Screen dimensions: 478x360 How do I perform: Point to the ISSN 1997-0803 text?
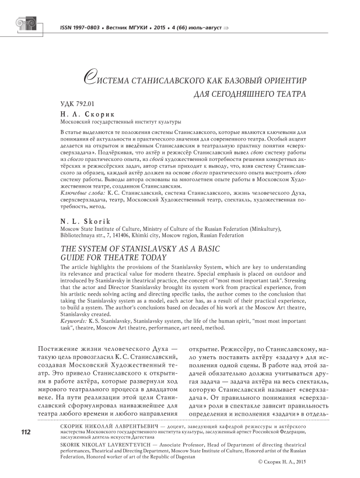pos(85,27)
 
